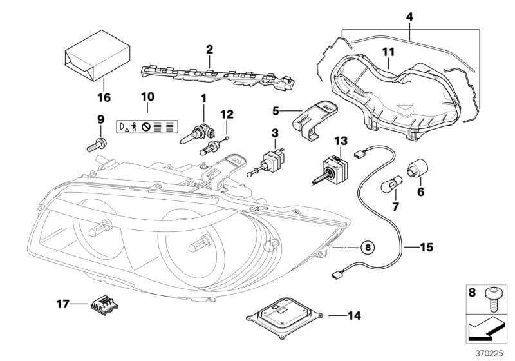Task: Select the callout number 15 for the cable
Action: pyautogui.click(x=426, y=246)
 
